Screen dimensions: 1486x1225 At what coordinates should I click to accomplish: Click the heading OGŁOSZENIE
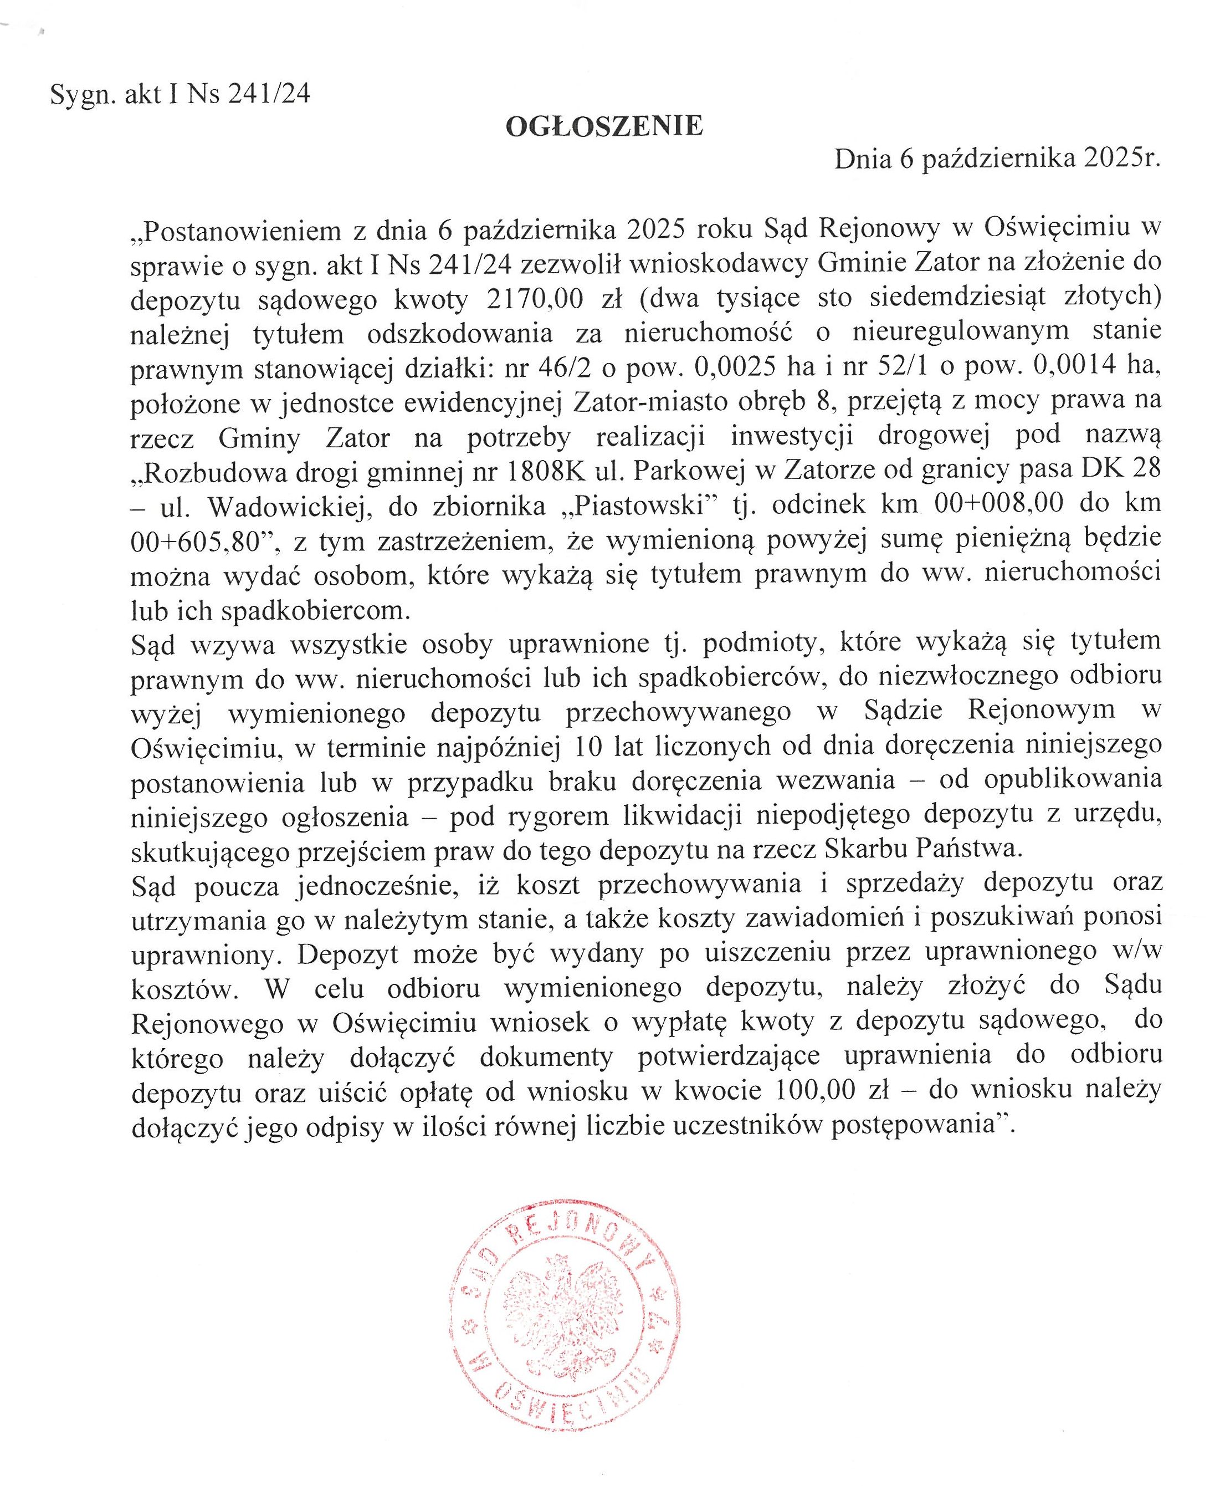(x=604, y=126)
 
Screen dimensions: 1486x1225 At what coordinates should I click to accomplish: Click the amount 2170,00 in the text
(x=535, y=299)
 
